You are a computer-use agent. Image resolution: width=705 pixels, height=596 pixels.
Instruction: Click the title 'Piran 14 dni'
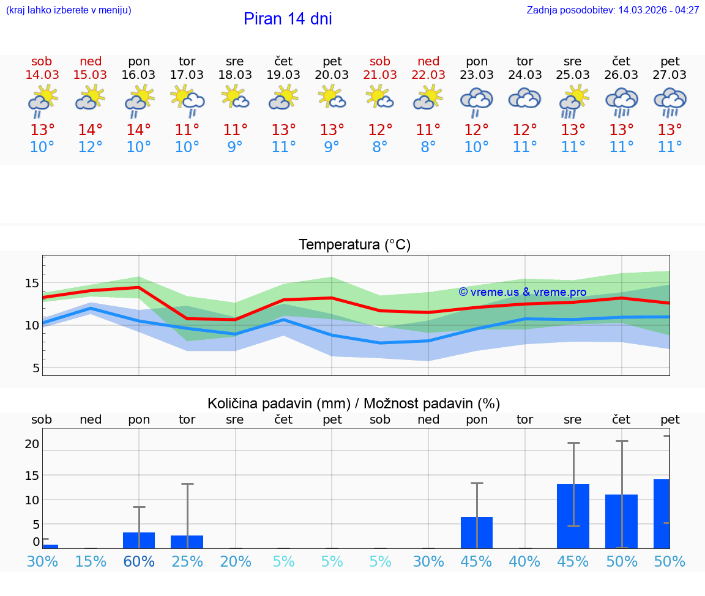click(x=288, y=19)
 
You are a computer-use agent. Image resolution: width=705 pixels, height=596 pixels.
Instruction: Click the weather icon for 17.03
click(x=187, y=101)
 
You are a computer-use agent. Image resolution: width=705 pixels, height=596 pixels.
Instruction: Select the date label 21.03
click(x=380, y=75)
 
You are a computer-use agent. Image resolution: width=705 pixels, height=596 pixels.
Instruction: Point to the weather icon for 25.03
click(x=573, y=101)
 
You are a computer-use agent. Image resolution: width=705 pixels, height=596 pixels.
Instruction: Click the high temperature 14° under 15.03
click(x=90, y=130)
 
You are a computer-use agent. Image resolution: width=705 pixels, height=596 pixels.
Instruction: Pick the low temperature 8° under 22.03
click(x=428, y=147)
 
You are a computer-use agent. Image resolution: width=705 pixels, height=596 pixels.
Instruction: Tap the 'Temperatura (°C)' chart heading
click(x=354, y=245)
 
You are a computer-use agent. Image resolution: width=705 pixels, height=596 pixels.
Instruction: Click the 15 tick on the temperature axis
click(x=32, y=283)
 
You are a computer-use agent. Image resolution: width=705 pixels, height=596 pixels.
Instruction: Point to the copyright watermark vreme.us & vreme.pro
click(x=523, y=292)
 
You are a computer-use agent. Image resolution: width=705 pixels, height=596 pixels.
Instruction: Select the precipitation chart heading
click(x=354, y=403)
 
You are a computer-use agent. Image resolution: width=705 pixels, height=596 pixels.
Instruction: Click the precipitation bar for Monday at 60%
click(x=139, y=540)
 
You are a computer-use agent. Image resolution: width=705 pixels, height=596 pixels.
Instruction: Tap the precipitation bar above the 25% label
click(x=187, y=542)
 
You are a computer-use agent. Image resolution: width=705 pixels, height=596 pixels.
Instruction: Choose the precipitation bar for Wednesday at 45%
click(x=573, y=516)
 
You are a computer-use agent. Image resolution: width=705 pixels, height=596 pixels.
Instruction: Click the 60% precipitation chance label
click(x=139, y=562)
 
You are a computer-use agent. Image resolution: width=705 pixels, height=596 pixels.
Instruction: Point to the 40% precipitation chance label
click(x=525, y=562)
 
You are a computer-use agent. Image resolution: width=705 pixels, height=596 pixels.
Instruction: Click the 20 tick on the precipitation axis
click(x=32, y=444)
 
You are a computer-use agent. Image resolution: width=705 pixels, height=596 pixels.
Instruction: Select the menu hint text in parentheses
click(x=69, y=10)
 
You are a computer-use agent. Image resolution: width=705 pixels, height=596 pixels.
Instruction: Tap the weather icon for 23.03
click(x=477, y=101)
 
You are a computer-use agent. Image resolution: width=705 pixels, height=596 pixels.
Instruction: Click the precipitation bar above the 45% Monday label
click(x=477, y=532)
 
